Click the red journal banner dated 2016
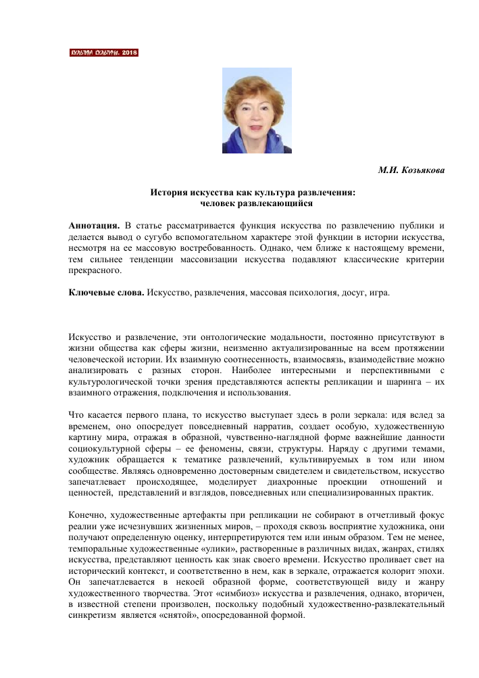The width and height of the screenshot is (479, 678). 104,52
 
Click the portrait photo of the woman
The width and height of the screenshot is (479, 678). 257,110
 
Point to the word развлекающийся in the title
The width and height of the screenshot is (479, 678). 279,202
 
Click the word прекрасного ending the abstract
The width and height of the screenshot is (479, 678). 95,270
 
